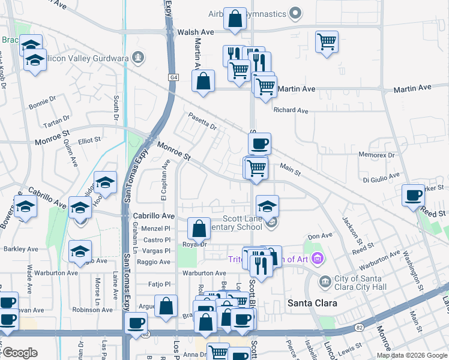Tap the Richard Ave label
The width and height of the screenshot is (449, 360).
click(x=291, y=110)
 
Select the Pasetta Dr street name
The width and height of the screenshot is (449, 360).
click(x=202, y=121)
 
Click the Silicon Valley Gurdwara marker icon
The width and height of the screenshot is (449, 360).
click(x=139, y=58)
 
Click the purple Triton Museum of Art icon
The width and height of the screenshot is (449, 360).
click(x=318, y=259)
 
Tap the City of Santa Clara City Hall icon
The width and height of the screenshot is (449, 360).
click(x=325, y=281)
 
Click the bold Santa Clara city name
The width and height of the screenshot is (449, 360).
click(x=312, y=303)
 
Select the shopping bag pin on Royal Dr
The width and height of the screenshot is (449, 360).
click(x=199, y=229)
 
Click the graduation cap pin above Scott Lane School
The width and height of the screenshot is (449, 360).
click(x=267, y=206)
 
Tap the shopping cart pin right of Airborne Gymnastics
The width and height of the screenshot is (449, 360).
click(x=327, y=41)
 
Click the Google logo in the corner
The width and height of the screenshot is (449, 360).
click(x=20, y=353)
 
